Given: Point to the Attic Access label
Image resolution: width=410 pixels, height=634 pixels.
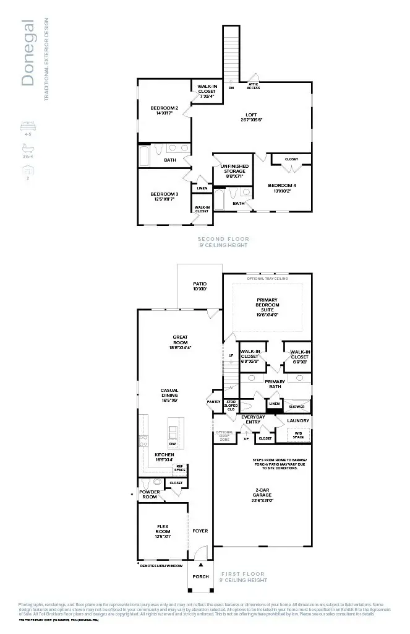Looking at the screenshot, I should [x=254, y=86].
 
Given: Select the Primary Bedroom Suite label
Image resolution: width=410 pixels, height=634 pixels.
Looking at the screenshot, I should [x=267, y=305].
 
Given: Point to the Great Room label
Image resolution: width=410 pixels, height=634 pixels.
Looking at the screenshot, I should [x=180, y=340].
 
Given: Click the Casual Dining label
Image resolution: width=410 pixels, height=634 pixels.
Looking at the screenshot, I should [x=169, y=393].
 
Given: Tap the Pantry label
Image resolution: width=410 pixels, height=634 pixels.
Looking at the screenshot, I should [x=213, y=402].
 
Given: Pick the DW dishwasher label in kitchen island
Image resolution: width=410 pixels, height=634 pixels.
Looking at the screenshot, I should [x=173, y=444].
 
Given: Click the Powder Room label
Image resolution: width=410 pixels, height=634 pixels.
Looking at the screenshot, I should [x=150, y=494].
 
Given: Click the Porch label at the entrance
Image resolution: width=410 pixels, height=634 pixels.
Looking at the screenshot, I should [x=200, y=576].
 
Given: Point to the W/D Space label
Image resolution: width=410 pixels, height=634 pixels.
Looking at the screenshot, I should [x=298, y=435].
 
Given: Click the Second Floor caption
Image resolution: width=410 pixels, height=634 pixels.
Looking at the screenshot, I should [x=223, y=239].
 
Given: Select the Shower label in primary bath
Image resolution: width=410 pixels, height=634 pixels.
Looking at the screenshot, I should [x=296, y=407].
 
